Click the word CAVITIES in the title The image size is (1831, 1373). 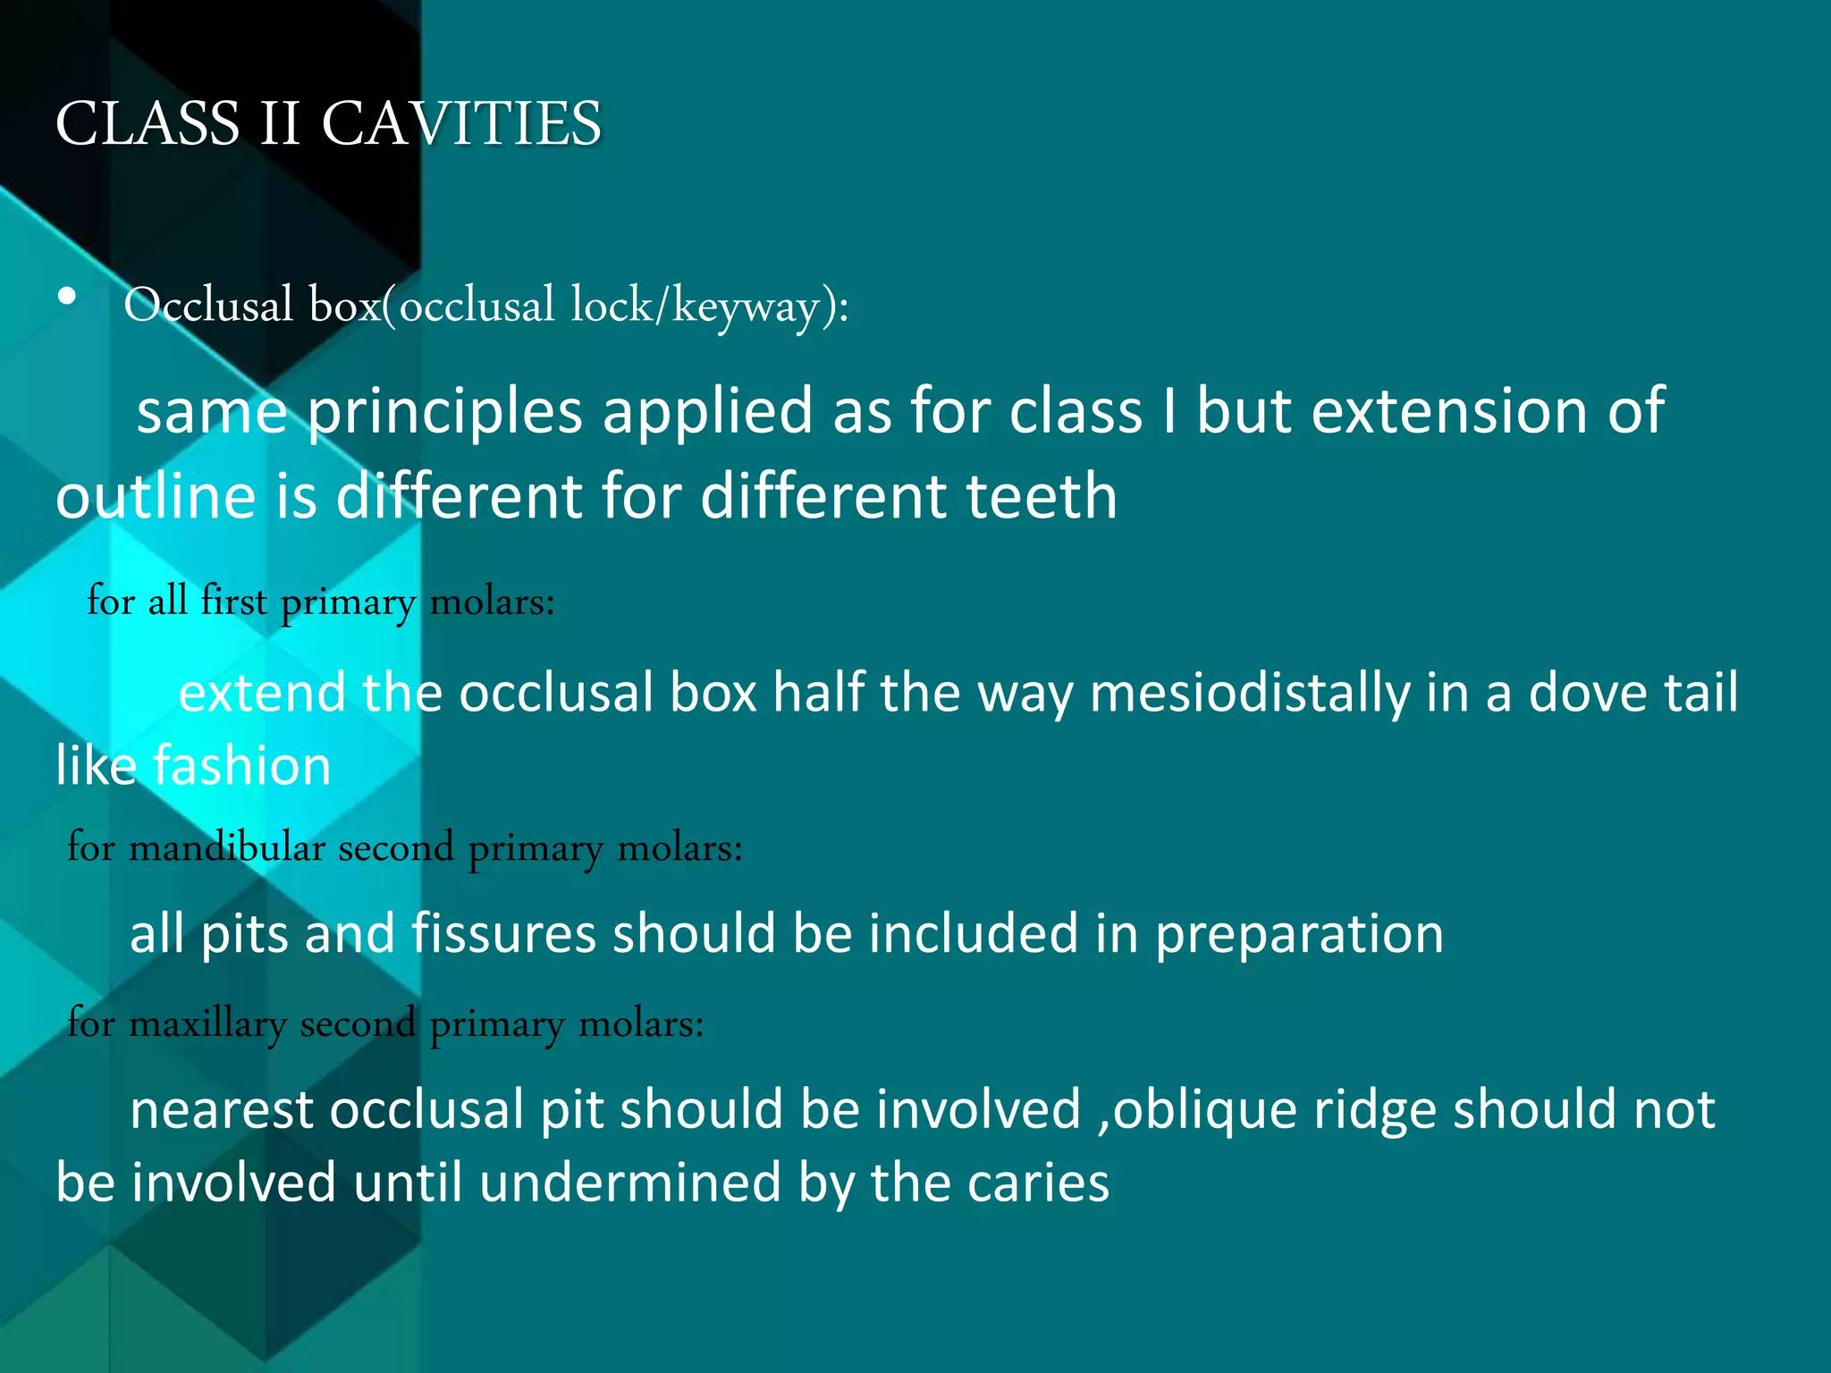(x=461, y=123)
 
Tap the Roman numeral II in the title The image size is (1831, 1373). (x=279, y=123)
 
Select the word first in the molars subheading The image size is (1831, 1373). (x=233, y=600)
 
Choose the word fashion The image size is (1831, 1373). (x=242, y=766)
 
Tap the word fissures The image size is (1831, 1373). (x=503, y=934)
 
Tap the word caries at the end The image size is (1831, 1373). (x=1038, y=1183)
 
